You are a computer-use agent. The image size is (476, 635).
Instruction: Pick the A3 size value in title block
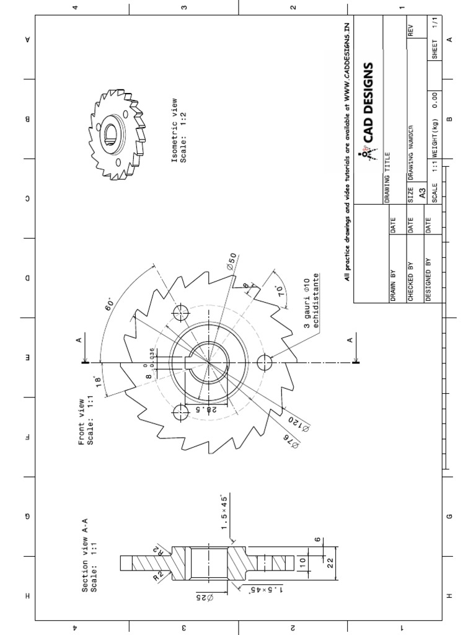pos(422,194)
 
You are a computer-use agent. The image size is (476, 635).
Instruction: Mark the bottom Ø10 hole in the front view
pos(265,362)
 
